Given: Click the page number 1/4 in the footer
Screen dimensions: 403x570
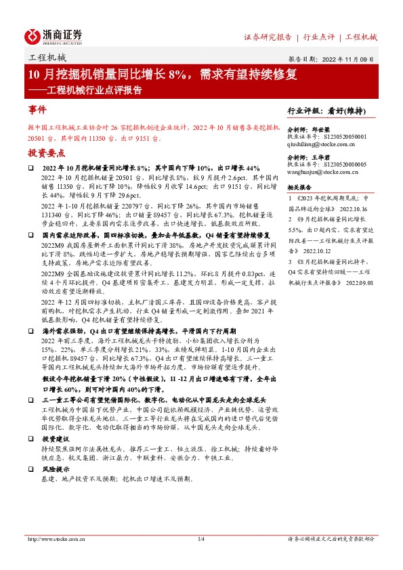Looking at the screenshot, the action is tap(200, 539).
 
